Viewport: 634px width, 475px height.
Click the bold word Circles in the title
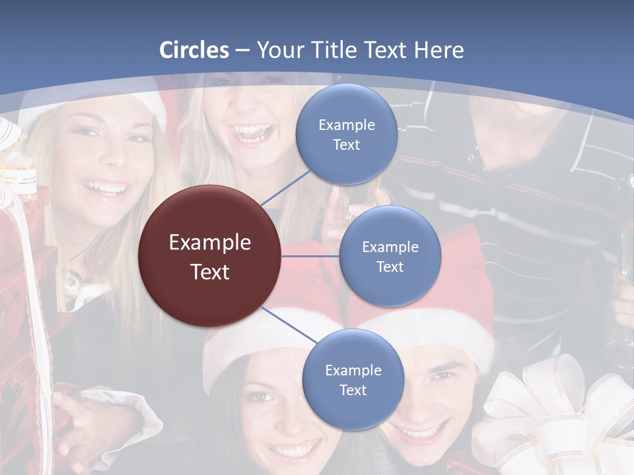(x=194, y=50)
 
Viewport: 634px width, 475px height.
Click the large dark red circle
(x=210, y=257)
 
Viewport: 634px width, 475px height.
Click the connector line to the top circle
(x=285, y=187)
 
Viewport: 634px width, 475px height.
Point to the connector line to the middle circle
(x=310, y=256)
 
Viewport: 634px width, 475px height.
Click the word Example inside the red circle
(x=210, y=242)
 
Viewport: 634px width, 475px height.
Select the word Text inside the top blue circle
(x=346, y=144)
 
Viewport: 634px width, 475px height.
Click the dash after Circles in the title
(x=242, y=51)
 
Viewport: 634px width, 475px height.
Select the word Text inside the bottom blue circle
(x=353, y=390)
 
